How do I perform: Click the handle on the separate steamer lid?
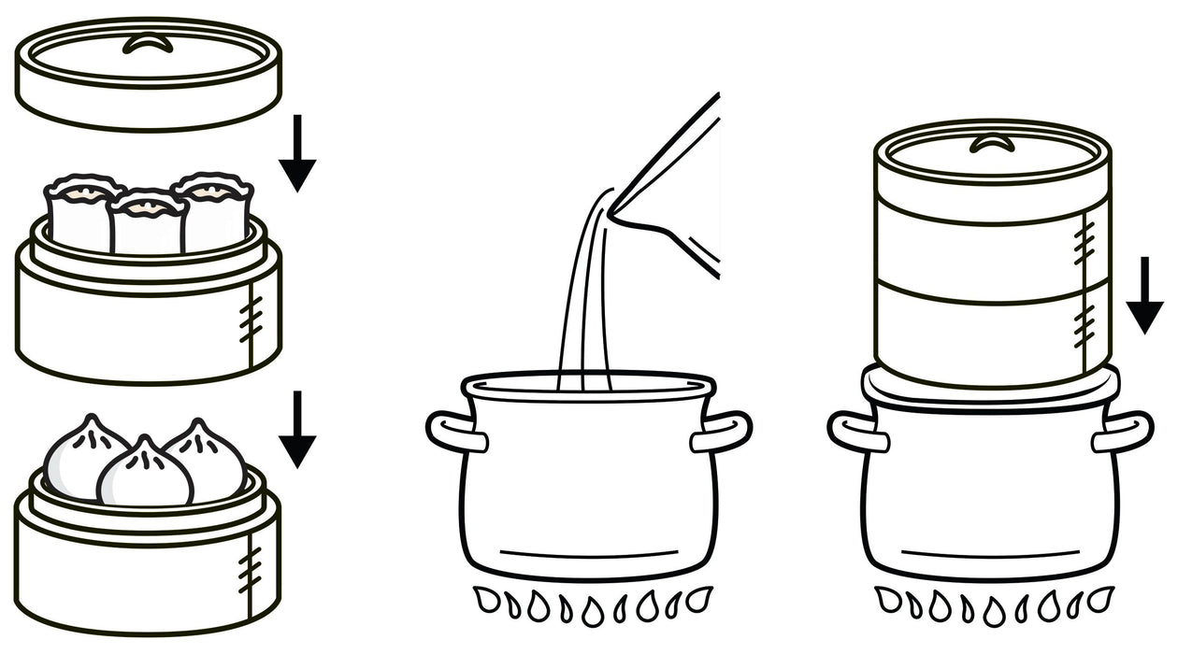tap(148, 43)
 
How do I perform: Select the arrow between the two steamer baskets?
tap(297, 431)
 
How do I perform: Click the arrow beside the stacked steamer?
tap(1144, 298)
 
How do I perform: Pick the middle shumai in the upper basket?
tap(147, 223)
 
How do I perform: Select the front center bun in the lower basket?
tap(145, 472)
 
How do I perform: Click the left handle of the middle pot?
tap(455, 433)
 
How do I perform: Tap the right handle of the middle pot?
tap(724, 432)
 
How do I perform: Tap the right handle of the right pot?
tap(1124, 432)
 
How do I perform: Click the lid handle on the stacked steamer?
tap(992, 143)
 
